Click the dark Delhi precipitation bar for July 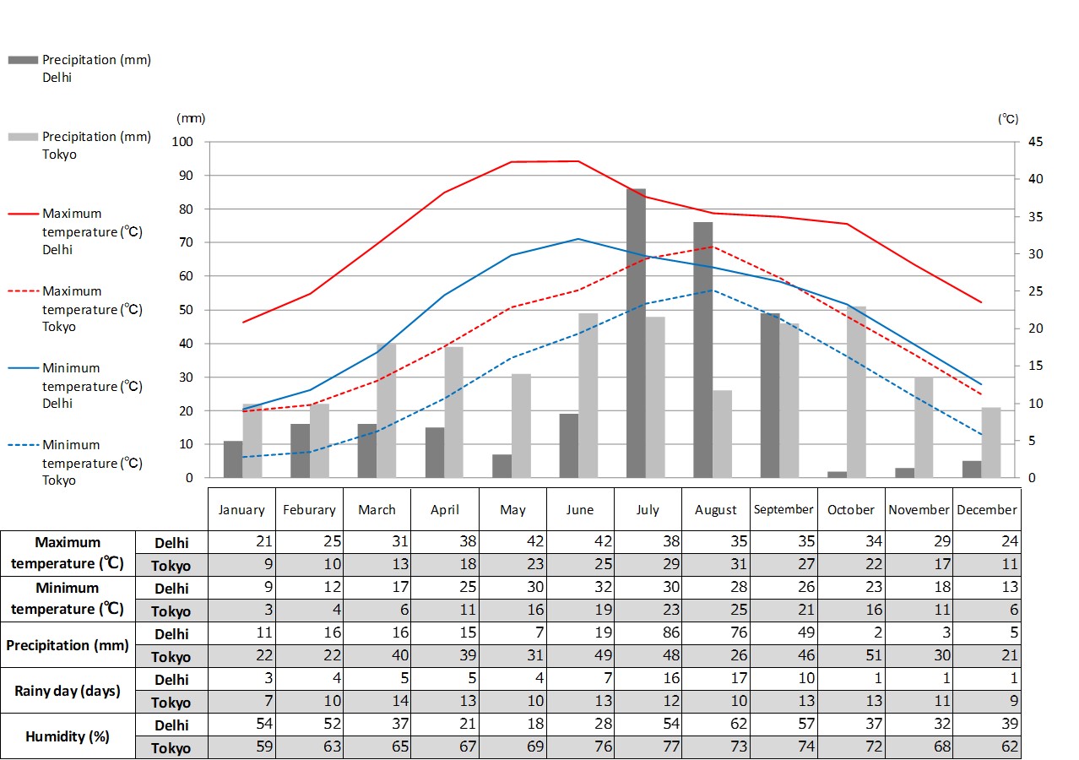point(636,334)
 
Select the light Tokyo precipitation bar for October point(857,392)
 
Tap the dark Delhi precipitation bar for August point(703,350)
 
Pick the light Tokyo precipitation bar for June point(588,395)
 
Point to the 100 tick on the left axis point(183,142)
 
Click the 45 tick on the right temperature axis point(1035,142)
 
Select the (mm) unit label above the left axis point(191,119)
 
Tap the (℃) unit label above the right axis point(1008,119)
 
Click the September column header point(783,509)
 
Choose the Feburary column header point(309,509)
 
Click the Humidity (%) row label point(68,736)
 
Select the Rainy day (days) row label point(68,691)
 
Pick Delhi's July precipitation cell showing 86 point(648,633)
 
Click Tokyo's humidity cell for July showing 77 point(648,747)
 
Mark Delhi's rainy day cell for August point(716,679)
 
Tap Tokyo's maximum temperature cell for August point(716,566)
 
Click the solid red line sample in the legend point(23,214)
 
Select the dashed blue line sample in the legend point(23,445)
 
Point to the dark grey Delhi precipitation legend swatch point(23,60)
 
